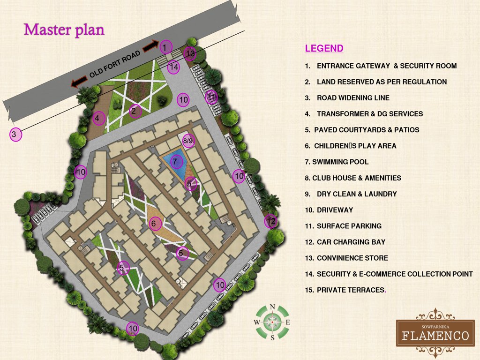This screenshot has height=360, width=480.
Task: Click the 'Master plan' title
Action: coord(64,30)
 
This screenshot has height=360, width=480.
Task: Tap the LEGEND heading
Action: coord(324,48)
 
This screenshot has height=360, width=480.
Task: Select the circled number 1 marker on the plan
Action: coord(165,47)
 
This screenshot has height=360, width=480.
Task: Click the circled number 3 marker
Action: coord(15,135)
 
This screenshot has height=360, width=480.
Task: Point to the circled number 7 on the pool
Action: coord(175,162)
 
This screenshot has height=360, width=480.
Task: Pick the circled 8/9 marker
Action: coord(188,140)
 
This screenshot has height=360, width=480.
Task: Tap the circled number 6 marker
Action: coord(153,224)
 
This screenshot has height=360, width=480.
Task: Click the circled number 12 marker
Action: coord(270,220)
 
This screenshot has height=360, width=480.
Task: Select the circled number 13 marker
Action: coord(190,53)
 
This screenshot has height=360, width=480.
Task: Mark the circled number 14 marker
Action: coord(174,67)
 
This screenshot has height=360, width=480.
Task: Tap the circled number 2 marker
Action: coord(134,111)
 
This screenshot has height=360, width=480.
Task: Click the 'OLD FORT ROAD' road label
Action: coord(115,64)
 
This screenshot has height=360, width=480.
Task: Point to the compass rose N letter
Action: coord(272,307)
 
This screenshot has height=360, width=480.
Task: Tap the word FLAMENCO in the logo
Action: coord(435,336)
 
